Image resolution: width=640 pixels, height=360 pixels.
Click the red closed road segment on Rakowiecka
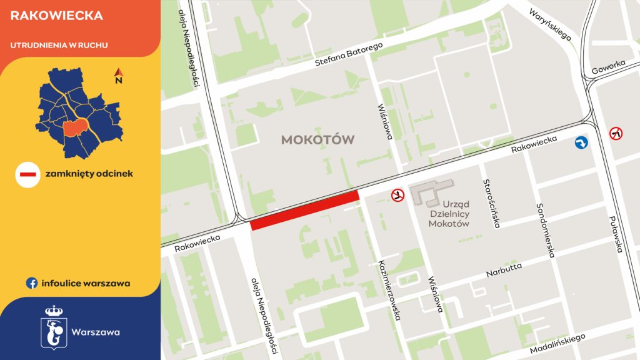pyautogui.click(x=305, y=211)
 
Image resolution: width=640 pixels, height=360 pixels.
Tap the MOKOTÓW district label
pyautogui.click(x=317, y=139)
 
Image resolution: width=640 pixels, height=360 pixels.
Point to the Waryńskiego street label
pyautogui.click(x=550, y=24)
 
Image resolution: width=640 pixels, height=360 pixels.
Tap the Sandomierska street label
pyautogui.click(x=544, y=231)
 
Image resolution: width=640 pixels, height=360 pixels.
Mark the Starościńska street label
pyautogui.click(x=491, y=204)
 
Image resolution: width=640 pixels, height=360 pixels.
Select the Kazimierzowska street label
pyautogui.click(x=389, y=290)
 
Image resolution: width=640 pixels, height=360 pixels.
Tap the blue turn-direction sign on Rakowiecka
pyautogui.click(x=581, y=144)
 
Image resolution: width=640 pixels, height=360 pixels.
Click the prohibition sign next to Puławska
pyautogui.click(x=616, y=133)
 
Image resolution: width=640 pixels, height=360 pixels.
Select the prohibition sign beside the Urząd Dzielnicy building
pyautogui.click(x=397, y=196)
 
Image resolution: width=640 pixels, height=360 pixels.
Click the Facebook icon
pyautogui.click(x=31, y=283)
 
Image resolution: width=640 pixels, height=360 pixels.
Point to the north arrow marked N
pyautogui.click(x=118, y=77)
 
